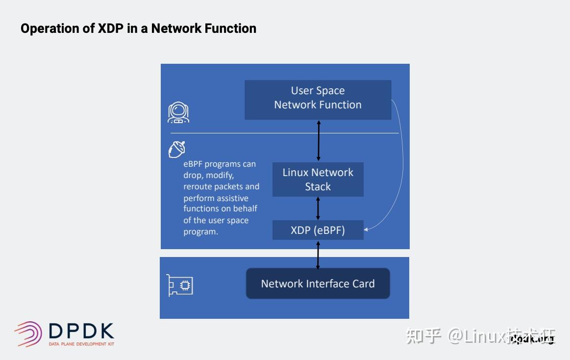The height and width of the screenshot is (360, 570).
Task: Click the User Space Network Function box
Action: pos(318,100)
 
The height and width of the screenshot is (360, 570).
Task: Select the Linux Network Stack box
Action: pos(318,180)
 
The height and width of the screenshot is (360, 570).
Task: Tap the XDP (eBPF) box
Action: pos(318,230)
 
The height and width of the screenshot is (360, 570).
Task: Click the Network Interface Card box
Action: pos(318,283)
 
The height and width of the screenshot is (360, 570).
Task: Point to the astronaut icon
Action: pos(178,113)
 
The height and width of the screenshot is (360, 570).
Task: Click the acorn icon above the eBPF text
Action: pos(177,149)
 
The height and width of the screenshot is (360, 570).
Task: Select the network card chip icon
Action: pos(180,285)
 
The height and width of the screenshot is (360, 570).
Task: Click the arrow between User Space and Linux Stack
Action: pos(319,141)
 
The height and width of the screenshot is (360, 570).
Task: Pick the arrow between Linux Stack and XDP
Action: pos(318,208)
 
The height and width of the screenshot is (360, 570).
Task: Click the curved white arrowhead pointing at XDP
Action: pos(367,229)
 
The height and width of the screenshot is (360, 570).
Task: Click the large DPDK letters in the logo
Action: pos(81,332)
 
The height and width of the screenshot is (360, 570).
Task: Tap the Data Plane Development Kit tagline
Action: pos(81,344)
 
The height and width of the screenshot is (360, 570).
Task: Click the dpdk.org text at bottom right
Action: pos(532,338)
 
